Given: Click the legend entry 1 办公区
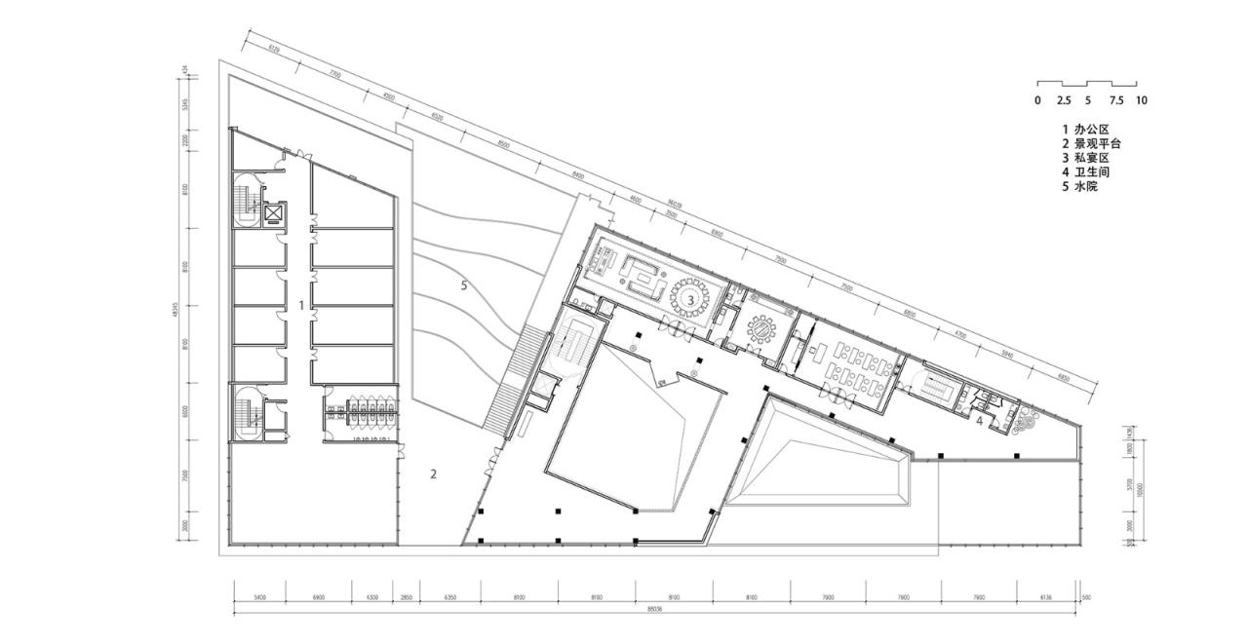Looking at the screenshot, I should tap(1085, 129).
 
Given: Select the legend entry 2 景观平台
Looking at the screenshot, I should tap(1092, 143).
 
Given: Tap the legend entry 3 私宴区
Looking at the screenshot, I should tap(1085, 158).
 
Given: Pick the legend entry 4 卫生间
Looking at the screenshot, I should tap(1085, 171).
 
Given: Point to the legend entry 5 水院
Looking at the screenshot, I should tap(1079, 186).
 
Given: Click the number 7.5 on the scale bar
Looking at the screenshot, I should tap(1116, 100).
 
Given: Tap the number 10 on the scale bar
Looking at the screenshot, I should tap(1142, 100).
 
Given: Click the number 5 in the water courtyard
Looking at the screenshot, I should tap(465, 285).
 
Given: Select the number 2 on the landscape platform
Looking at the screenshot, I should tap(434, 474).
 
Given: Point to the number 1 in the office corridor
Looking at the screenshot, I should tap(301, 305).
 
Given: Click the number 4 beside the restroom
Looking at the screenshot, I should tap(979, 421).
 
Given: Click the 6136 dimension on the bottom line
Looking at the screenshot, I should tap(1046, 596).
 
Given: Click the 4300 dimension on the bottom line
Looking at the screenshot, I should tap(372, 596).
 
